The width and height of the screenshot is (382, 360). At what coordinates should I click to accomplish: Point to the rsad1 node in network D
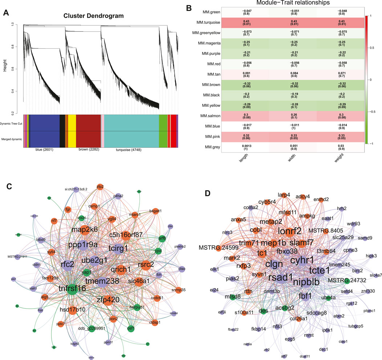[x=281, y=277]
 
